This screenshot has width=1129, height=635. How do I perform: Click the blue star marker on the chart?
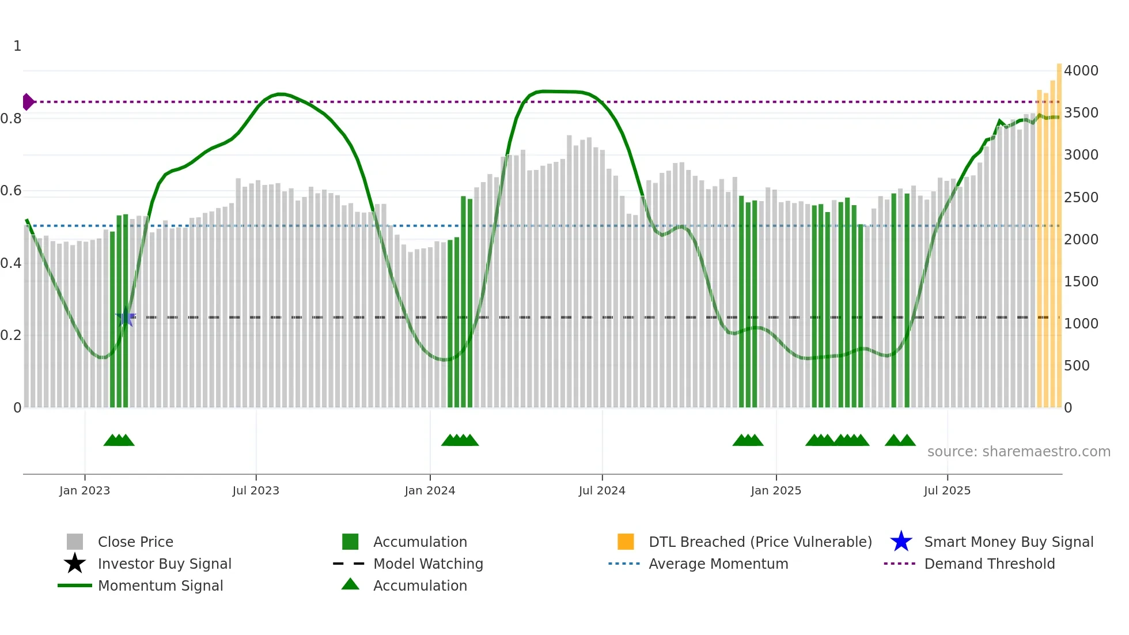pyautogui.click(x=126, y=317)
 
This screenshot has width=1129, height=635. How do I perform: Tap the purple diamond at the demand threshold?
pyautogui.click(x=28, y=102)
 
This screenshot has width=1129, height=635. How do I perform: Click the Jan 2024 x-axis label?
pyautogui.click(x=430, y=490)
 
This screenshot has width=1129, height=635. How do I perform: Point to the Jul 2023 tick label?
pyautogui.click(x=256, y=490)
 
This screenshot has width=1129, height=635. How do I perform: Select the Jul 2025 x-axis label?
pyautogui.click(x=947, y=490)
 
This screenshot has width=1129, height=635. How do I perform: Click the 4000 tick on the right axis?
pyautogui.click(x=1081, y=71)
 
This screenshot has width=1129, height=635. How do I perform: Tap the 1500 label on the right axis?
pyautogui.click(x=1081, y=282)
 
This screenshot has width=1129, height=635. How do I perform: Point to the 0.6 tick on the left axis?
pyautogui.click(x=11, y=191)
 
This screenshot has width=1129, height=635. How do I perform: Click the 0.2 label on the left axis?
pyautogui.click(x=11, y=335)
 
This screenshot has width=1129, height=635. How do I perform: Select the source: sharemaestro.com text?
pyautogui.click(x=1018, y=452)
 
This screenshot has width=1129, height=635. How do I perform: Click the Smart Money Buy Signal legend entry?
pyautogui.click(x=1008, y=542)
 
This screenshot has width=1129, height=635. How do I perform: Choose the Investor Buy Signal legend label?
pyautogui.click(x=164, y=564)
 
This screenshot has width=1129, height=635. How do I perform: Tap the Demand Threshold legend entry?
pyautogui.click(x=989, y=564)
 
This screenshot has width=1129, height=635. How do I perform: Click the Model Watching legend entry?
pyautogui.click(x=427, y=564)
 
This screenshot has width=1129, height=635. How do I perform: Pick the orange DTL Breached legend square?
pyautogui.click(x=626, y=542)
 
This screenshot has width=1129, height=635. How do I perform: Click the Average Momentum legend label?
pyautogui.click(x=718, y=564)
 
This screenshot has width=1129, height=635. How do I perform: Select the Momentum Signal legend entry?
pyautogui.click(x=160, y=586)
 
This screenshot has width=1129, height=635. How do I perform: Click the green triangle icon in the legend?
pyautogui.click(x=350, y=584)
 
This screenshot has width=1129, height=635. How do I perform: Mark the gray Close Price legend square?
pyautogui.click(x=75, y=542)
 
